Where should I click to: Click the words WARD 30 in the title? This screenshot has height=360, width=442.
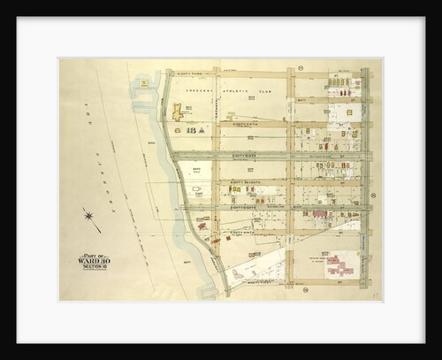pyautogui.click(x=94, y=261)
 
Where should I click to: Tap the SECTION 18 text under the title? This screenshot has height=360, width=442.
pyautogui.click(x=94, y=266)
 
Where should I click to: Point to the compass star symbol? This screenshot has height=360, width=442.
pyautogui.click(x=89, y=215)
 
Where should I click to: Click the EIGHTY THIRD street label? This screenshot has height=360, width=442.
pyautogui.click(x=191, y=74)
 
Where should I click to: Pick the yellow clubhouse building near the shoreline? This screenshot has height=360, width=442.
pyautogui.click(x=178, y=111)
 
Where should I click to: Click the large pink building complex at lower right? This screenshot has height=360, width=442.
pyautogui.click(x=339, y=264)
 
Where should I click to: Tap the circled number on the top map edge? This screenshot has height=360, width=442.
pyautogui.click(x=301, y=67)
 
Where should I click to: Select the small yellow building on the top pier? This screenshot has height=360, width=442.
pyautogui.click(x=143, y=83)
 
